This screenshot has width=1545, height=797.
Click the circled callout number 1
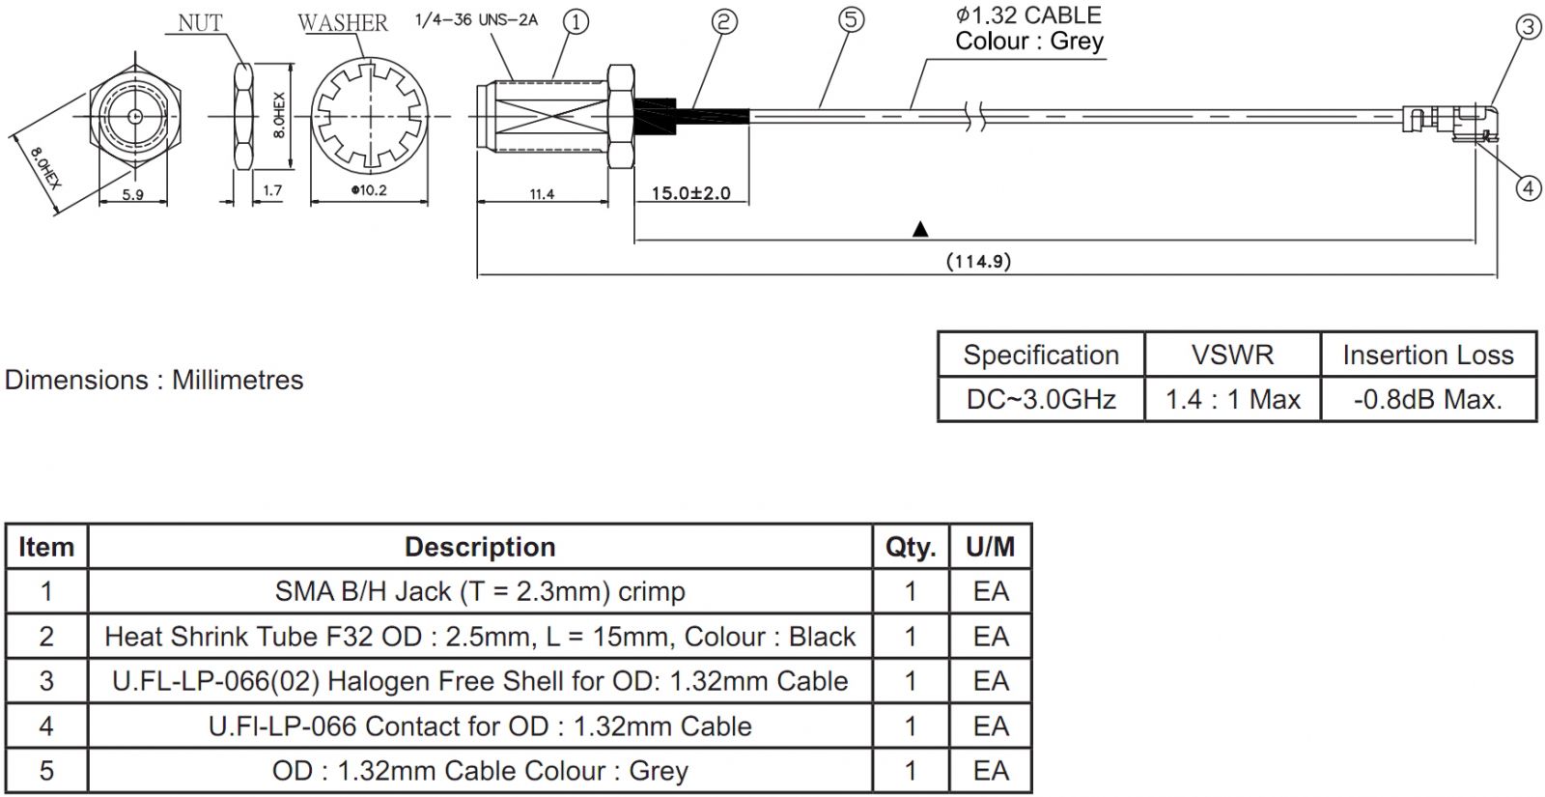click(x=576, y=21)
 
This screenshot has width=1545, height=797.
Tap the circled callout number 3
click(x=1528, y=27)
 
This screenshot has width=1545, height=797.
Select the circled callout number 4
click(x=1528, y=187)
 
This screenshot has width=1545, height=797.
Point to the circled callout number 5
click(x=851, y=19)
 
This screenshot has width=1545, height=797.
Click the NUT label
click(x=200, y=22)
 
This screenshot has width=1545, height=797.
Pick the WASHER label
click(x=342, y=22)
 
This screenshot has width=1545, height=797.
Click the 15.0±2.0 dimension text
click(x=690, y=193)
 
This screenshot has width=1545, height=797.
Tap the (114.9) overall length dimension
click(x=978, y=261)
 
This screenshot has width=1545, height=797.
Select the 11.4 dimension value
click(x=542, y=194)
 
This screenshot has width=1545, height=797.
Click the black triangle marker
click(x=920, y=229)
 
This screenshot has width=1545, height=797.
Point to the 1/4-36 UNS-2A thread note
click(x=476, y=19)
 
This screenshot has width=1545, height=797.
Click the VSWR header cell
click(x=1232, y=355)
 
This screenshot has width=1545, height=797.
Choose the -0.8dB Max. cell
click(x=1427, y=399)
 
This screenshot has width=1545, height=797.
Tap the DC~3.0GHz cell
click(x=1041, y=399)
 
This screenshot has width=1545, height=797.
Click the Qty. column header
click(x=911, y=547)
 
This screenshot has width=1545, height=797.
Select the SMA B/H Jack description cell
click(x=480, y=591)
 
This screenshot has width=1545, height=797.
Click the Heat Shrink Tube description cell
click(x=480, y=637)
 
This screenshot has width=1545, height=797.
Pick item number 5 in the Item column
click(x=46, y=771)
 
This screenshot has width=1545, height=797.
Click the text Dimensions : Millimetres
click(x=154, y=380)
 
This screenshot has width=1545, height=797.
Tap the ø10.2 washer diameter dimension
click(x=369, y=190)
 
